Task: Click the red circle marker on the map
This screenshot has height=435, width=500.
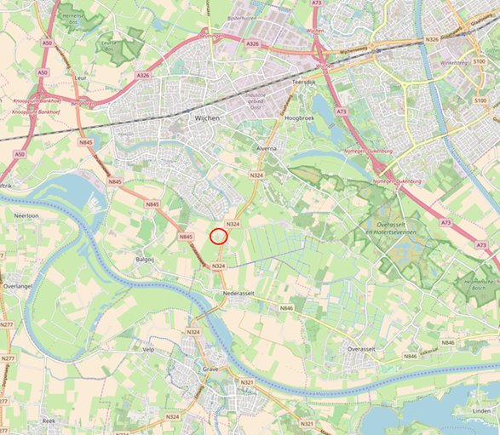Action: [x=218, y=236]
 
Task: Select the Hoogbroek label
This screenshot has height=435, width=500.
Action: [x=301, y=118]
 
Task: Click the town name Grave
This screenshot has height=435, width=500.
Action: [x=211, y=369]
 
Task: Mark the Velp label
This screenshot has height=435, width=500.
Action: [x=148, y=349]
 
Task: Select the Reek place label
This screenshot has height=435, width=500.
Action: [x=49, y=421]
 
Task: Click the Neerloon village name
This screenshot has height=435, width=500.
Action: [x=28, y=216]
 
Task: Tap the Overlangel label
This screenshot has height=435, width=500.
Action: [x=17, y=287]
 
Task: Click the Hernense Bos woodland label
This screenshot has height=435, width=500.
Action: [x=73, y=19]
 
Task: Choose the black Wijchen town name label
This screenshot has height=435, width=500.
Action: [x=208, y=119]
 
